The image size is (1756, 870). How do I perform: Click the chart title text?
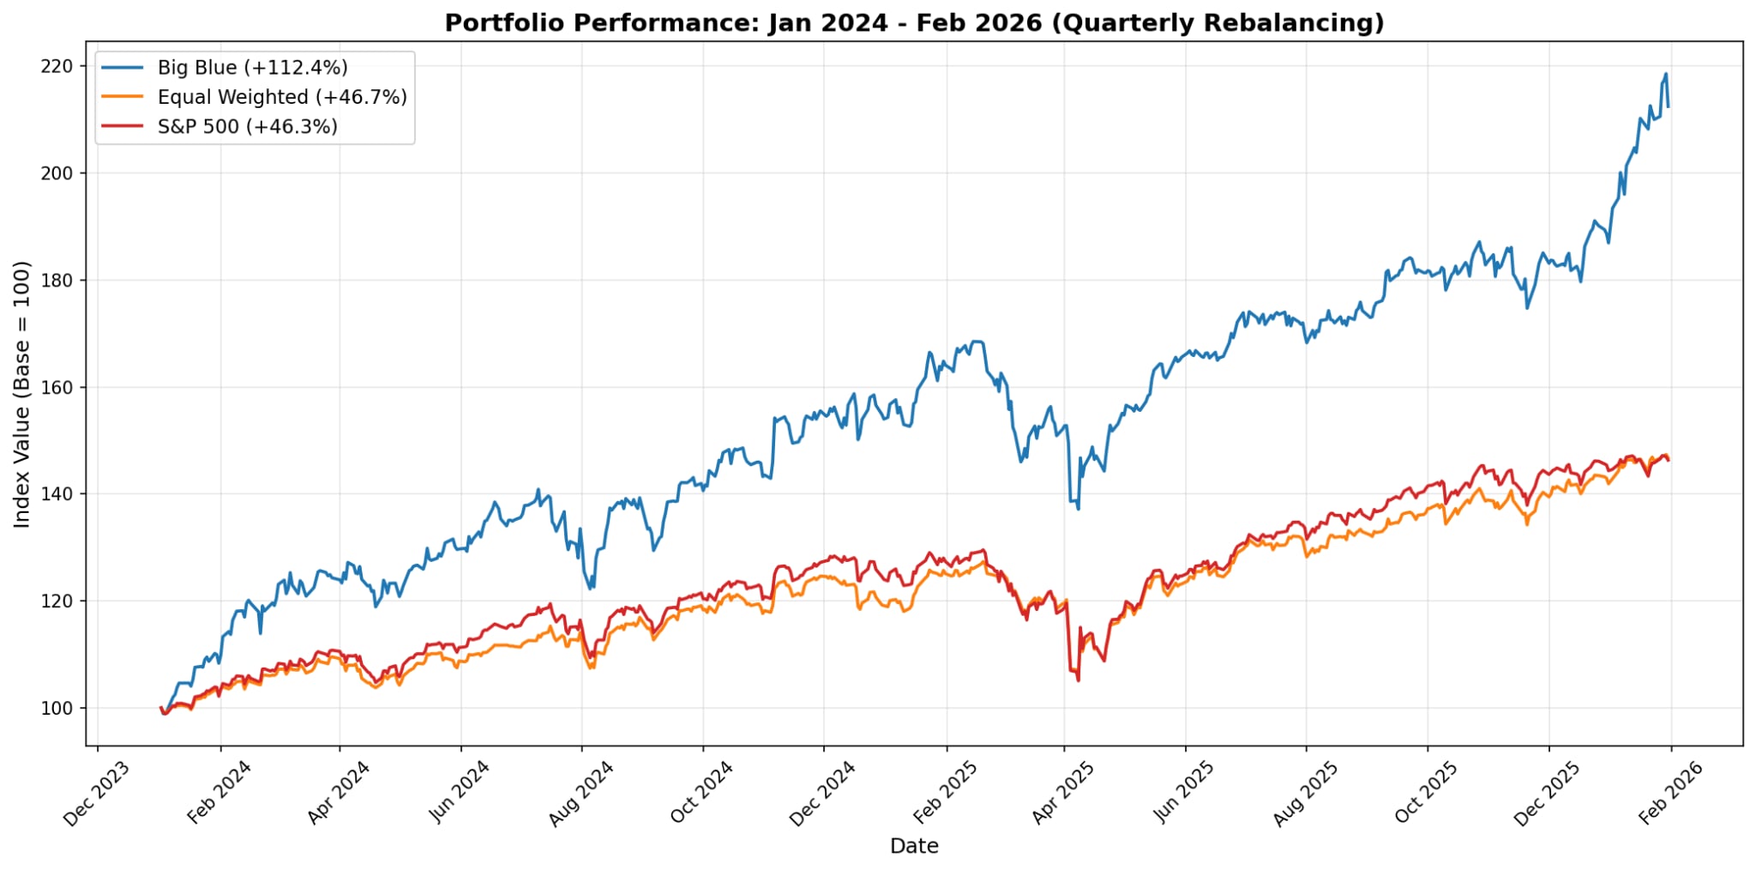(x=914, y=23)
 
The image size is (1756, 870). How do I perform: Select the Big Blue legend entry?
(x=252, y=68)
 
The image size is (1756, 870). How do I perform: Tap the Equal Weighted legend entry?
(x=281, y=97)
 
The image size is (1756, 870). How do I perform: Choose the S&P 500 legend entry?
(x=247, y=127)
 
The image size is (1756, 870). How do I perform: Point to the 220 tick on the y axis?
(x=57, y=66)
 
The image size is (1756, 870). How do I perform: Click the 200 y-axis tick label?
(x=57, y=173)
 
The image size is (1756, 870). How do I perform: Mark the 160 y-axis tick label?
(x=57, y=387)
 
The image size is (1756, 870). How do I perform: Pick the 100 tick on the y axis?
(x=57, y=709)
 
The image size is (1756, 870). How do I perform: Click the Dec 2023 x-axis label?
(x=97, y=794)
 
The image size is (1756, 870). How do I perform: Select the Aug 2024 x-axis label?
(x=581, y=794)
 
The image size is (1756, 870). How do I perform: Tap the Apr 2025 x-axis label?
(x=1063, y=794)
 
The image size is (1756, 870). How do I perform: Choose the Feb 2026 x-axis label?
(x=1670, y=794)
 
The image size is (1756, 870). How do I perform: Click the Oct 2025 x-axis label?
(x=1427, y=794)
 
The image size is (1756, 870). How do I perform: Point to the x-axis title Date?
(x=914, y=847)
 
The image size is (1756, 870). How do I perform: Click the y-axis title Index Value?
(x=22, y=394)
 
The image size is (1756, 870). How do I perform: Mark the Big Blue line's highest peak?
(x=1666, y=74)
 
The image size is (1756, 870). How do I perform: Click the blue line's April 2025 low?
(x=1078, y=509)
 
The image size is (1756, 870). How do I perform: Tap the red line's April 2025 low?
(x=1078, y=680)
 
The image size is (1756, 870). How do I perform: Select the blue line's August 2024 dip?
(x=590, y=588)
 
